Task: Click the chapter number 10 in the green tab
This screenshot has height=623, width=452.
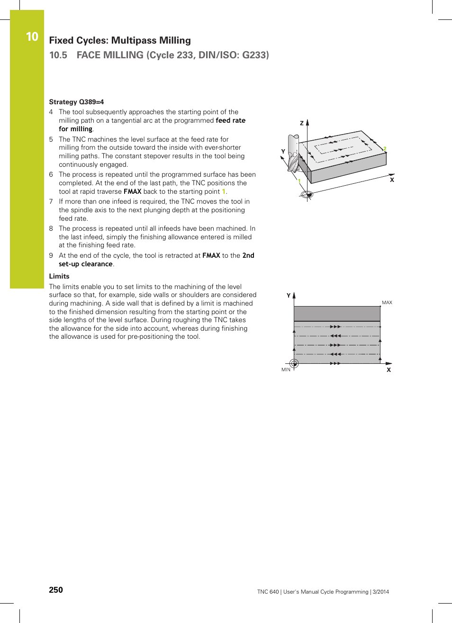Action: (x=32, y=37)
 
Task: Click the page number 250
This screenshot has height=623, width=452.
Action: (x=56, y=590)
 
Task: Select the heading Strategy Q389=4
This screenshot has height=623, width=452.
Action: (x=76, y=102)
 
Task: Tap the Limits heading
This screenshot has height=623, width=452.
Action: (x=59, y=276)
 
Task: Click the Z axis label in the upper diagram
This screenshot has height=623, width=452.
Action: (x=302, y=123)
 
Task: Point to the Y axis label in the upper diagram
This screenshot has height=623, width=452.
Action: (x=283, y=152)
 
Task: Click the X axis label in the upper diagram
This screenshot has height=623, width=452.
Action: (x=392, y=180)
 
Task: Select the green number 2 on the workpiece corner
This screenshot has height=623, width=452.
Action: (x=385, y=149)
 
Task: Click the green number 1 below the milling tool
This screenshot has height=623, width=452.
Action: (x=299, y=181)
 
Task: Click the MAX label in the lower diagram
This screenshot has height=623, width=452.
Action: (x=387, y=302)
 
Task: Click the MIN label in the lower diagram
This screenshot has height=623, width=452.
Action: (x=286, y=370)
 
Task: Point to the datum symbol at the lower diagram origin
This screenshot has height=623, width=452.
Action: (x=294, y=363)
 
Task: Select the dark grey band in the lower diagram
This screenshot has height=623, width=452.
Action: (x=337, y=313)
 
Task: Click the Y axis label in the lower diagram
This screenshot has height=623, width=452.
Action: (x=289, y=296)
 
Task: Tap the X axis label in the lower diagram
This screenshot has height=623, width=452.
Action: (x=389, y=370)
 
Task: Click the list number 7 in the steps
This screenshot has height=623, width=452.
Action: (x=51, y=201)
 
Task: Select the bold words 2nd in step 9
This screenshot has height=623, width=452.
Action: (x=248, y=255)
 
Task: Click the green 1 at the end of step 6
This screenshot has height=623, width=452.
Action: (x=224, y=191)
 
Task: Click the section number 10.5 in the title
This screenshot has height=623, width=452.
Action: (x=58, y=55)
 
